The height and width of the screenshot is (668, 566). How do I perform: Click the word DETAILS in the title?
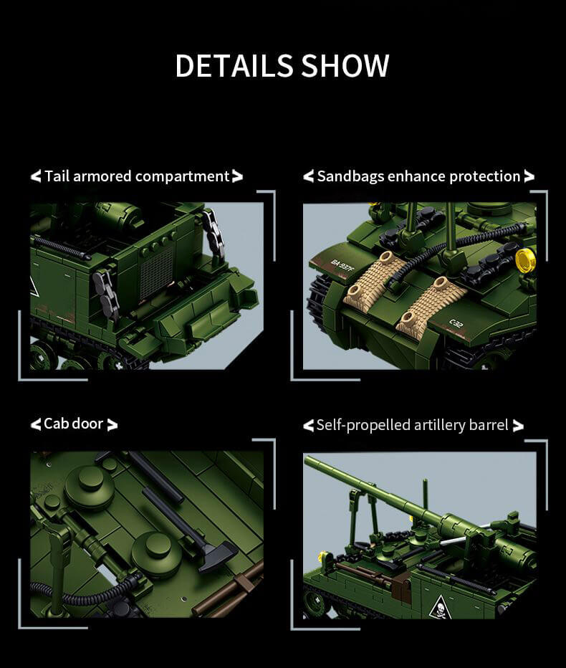234,66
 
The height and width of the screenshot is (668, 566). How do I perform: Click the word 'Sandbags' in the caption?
350,176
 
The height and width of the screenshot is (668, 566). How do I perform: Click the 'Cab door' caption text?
73,424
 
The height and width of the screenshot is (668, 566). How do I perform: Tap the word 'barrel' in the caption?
489,426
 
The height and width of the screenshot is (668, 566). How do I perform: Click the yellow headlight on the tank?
526,260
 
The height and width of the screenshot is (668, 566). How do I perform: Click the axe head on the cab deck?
218,556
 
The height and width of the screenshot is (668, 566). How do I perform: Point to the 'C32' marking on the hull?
456,323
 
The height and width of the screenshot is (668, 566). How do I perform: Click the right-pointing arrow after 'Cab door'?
112,425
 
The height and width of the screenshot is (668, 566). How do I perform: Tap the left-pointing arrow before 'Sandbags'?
309,176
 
